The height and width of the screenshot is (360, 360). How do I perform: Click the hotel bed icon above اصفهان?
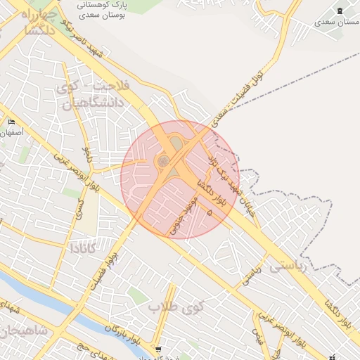[x=11, y=122]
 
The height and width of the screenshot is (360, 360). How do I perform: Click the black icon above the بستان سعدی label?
[x=340, y=10]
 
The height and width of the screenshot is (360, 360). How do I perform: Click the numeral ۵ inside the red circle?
[x=209, y=212]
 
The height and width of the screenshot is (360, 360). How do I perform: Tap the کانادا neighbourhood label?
[x=86, y=248]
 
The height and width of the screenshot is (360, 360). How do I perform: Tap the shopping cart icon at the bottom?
[x=158, y=349]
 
